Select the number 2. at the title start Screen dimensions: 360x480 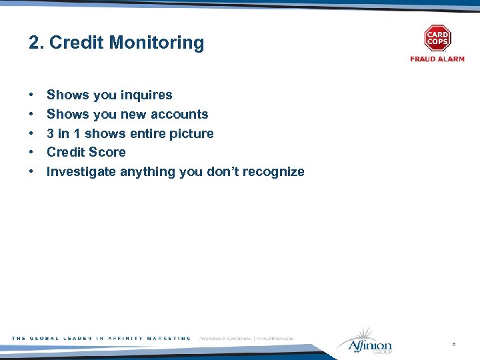click(x=36, y=43)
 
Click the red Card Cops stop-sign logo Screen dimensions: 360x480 click(x=437, y=39)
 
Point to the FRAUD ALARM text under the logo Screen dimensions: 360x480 click(x=437, y=59)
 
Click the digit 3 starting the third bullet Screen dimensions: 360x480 click(x=50, y=133)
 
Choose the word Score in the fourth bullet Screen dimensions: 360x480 click(x=108, y=152)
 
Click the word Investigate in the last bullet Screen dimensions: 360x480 click(x=81, y=171)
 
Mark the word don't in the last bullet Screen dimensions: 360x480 click(x=222, y=171)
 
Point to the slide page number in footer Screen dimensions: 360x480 click(x=453, y=345)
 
